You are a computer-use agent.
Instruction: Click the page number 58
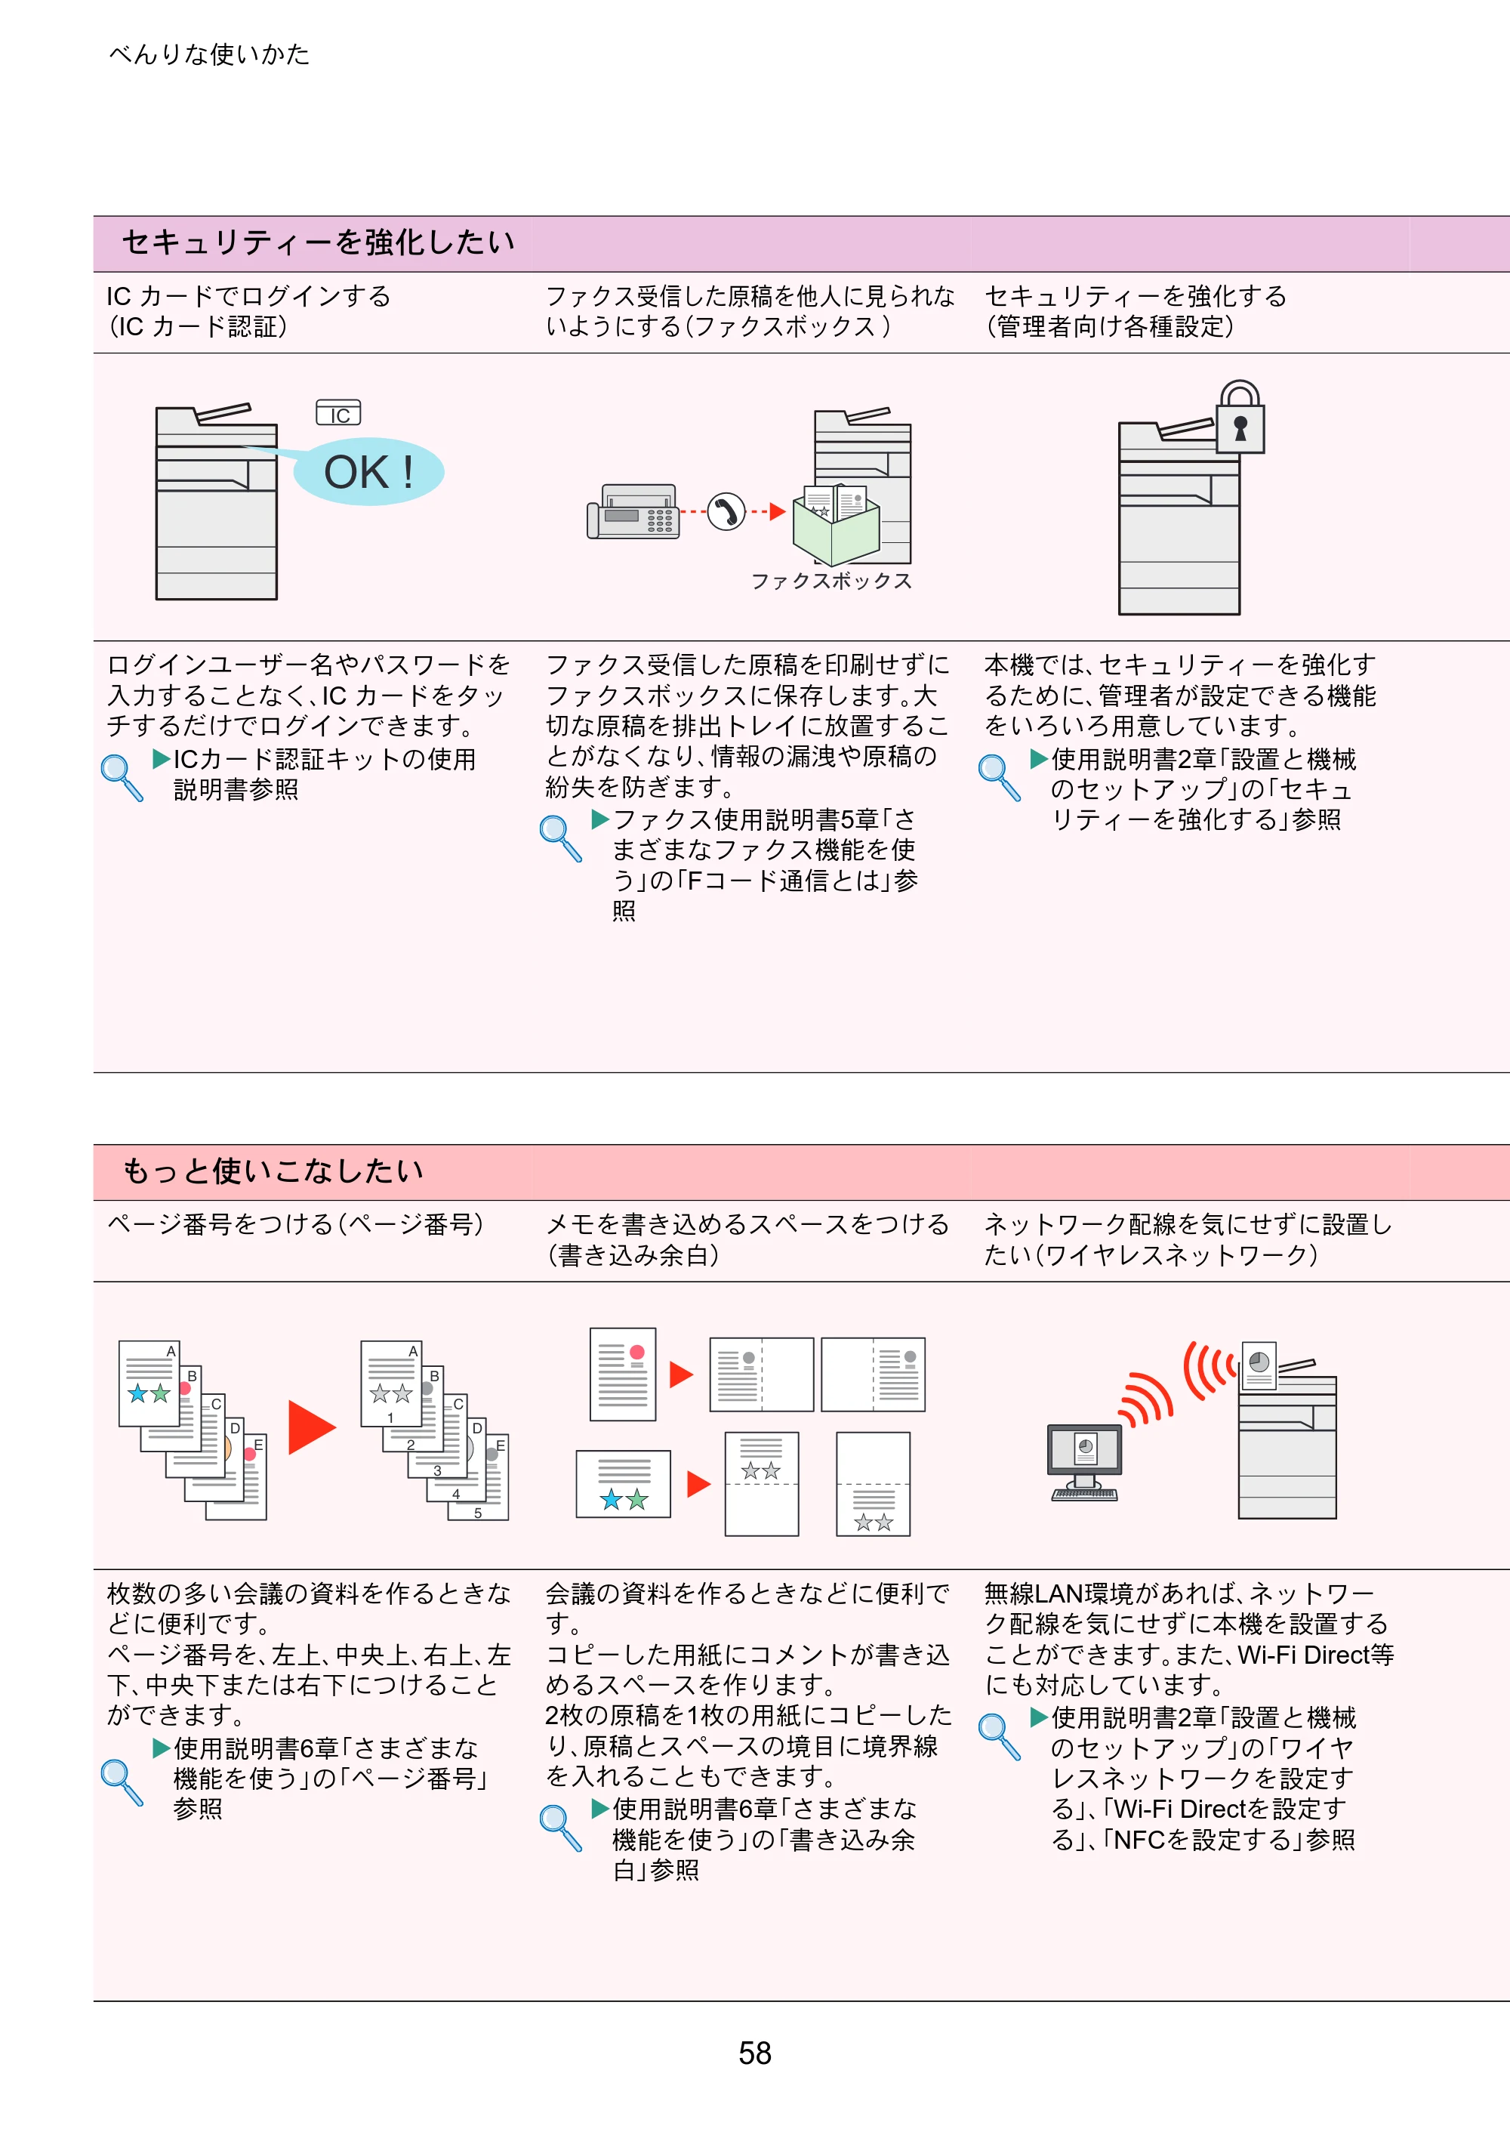click(x=754, y=2053)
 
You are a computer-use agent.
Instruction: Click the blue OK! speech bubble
click(x=368, y=471)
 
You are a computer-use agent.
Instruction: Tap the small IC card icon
click(x=339, y=412)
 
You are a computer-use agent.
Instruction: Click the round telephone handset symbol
click(x=726, y=511)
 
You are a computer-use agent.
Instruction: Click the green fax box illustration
click(x=835, y=526)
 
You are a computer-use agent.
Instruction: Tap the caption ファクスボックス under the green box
click(x=831, y=581)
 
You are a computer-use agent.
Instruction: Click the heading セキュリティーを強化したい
click(x=319, y=242)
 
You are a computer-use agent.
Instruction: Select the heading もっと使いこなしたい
click(x=274, y=1171)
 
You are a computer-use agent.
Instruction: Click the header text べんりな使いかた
click(x=208, y=54)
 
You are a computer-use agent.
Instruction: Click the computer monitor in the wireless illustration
click(x=1084, y=1450)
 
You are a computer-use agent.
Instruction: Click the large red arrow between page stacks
click(x=312, y=1427)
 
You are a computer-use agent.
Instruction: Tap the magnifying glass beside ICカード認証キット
click(x=122, y=778)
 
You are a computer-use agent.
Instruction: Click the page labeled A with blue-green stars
click(x=149, y=1384)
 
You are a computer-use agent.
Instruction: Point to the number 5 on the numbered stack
click(x=478, y=1513)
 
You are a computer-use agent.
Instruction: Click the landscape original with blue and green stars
click(x=623, y=1483)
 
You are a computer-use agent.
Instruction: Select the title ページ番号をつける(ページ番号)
click(x=295, y=1223)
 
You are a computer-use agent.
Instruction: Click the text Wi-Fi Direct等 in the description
click(x=1315, y=1655)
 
